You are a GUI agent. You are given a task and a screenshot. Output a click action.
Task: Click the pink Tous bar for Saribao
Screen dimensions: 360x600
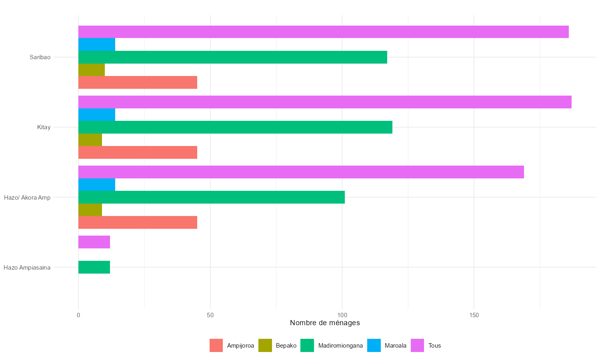click(323, 32)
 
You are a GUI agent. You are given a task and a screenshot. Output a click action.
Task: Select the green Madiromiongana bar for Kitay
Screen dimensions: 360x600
click(235, 127)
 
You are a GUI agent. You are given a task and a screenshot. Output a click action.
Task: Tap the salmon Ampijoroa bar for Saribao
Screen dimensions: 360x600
click(138, 82)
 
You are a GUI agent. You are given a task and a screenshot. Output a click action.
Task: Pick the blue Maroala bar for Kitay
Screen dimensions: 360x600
click(97, 115)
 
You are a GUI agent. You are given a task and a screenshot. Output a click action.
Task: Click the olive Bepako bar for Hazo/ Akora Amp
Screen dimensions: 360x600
click(90, 210)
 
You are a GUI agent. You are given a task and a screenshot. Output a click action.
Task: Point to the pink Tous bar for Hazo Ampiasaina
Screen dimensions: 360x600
click(94, 242)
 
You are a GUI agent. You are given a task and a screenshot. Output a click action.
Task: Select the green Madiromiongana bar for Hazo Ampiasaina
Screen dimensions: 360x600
click(94, 267)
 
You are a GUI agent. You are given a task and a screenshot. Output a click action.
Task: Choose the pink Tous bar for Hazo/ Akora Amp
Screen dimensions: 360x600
click(301, 172)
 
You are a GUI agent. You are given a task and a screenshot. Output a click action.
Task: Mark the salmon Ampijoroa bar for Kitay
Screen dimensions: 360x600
click(138, 152)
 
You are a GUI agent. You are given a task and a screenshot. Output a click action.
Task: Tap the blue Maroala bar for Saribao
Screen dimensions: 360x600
click(97, 44)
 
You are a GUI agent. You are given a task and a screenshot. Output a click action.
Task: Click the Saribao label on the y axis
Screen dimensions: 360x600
click(40, 57)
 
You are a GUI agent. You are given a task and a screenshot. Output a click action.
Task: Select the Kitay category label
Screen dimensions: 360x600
click(44, 127)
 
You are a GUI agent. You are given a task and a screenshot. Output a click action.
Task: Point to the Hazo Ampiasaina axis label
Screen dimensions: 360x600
click(27, 267)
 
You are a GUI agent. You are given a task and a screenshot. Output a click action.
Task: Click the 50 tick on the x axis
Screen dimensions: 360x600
click(210, 315)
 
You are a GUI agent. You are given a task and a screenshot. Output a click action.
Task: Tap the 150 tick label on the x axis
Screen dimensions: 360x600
click(474, 315)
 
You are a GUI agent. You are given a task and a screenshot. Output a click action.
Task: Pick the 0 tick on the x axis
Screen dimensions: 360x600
click(78, 315)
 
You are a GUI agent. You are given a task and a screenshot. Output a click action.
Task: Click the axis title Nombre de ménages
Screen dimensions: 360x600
click(325, 323)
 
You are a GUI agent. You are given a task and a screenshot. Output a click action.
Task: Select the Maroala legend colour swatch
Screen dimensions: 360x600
click(374, 346)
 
